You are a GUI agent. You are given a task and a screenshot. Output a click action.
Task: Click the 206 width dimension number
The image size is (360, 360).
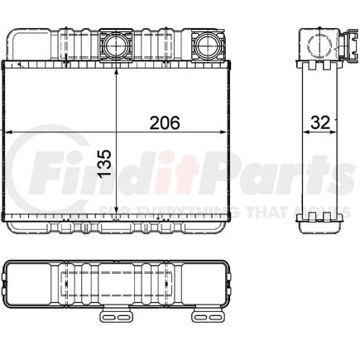point(165,122)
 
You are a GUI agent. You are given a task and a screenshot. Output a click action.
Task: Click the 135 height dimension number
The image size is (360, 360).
point(104,164)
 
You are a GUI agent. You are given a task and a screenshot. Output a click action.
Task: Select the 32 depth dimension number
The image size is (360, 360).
point(320,122)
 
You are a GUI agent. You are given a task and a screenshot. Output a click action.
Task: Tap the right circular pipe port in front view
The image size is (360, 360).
point(209,45)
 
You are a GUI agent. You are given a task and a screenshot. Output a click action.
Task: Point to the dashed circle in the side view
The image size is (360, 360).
point(320,45)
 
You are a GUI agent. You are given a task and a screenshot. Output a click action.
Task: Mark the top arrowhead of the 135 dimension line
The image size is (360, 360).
point(116,73)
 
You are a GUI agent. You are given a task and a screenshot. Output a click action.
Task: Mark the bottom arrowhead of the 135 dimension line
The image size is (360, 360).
point(116,210)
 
